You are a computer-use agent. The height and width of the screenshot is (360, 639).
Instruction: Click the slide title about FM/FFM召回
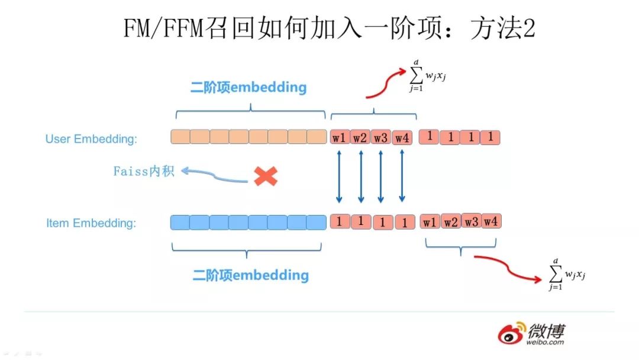pos(329,28)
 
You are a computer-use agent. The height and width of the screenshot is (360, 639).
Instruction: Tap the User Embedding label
pos(91,139)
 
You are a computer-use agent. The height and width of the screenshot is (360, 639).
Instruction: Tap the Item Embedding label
pos(91,223)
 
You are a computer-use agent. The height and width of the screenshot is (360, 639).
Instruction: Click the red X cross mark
pos(266,176)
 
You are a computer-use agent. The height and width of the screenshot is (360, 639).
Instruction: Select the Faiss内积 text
pos(144,172)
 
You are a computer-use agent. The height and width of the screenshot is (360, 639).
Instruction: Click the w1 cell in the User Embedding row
pos(340,138)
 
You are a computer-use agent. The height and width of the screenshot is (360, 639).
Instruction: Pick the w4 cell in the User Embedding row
pos(402,138)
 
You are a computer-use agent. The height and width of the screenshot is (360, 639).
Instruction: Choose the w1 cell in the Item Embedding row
pos(430,222)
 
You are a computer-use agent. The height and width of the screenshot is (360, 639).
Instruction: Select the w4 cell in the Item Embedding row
pos(490,221)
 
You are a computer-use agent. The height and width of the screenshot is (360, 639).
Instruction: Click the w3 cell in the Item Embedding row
pos(471,221)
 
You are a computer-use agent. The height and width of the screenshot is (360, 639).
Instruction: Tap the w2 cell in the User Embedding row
pos(360,138)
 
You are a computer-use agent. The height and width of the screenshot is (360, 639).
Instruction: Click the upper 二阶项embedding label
pos(248,88)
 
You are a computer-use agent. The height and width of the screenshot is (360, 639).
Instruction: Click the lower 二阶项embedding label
pos(250,275)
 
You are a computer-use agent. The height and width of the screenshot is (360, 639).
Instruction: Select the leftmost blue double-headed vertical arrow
pos(340,176)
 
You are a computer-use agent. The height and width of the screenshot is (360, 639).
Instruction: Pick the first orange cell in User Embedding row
pos(180,137)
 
